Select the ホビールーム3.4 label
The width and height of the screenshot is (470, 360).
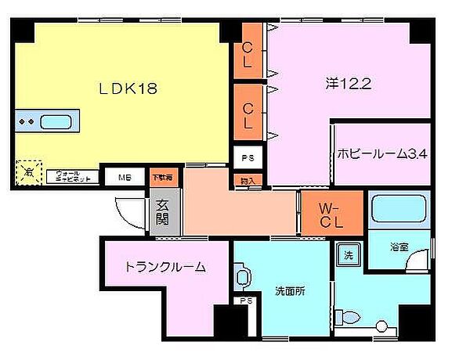[x=383, y=154]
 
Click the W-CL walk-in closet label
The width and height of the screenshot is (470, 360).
[x=331, y=214]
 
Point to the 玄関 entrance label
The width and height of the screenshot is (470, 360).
[x=164, y=212]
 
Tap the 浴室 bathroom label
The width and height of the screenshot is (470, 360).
[x=399, y=247]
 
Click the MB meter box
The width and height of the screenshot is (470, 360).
[x=125, y=177]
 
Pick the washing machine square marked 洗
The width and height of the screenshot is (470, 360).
[x=347, y=254]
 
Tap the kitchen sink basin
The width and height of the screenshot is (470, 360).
[x=56, y=122]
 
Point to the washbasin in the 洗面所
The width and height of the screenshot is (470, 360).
[x=242, y=278]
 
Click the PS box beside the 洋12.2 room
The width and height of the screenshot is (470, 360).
[x=248, y=157]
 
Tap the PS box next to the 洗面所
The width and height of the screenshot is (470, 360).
[x=246, y=300]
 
